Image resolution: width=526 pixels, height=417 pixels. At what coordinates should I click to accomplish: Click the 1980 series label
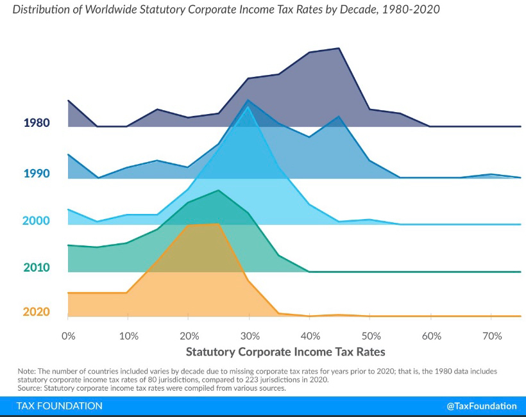point(37,122)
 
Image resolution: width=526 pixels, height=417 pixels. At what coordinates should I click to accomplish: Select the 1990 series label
point(37,173)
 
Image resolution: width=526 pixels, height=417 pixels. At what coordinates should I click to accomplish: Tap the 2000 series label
point(37,220)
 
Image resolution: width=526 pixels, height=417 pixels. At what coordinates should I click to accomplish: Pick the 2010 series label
point(37,267)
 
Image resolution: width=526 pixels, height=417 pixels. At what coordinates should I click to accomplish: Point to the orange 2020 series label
point(37,312)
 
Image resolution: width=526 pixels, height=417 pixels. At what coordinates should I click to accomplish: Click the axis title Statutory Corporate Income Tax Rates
point(285,352)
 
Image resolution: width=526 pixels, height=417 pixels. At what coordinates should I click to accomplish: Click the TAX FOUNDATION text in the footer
point(59,406)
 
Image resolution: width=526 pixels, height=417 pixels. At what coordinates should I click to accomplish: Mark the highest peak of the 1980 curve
point(339,48)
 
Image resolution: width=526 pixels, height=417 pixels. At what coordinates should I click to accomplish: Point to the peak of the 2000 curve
point(248,106)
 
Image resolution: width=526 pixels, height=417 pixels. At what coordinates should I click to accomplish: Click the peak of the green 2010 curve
point(219,190)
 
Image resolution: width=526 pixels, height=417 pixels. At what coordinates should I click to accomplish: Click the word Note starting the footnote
point(28,371)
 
